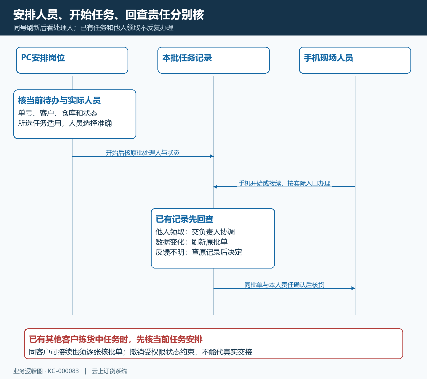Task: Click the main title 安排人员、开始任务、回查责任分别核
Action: [109, 15]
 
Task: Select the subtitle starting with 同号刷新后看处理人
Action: [93, 28]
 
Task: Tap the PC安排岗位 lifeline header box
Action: [72, 60]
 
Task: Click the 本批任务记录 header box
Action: [213, 60]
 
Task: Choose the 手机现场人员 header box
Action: [355, 60]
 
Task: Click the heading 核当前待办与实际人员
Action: [59, 100]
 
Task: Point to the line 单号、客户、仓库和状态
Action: [58, 113]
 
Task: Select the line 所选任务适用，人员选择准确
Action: [65, 123]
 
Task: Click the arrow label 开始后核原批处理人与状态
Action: [143, 153]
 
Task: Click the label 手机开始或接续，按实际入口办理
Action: [284, 183]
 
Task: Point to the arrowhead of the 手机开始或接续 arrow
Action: [215, 187]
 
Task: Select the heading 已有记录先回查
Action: [184, 219]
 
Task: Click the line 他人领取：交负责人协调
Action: [195, 232]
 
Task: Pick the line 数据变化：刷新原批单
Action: [192, 242]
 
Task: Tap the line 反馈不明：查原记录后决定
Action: [199, 252]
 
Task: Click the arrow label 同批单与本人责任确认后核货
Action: [284, 285]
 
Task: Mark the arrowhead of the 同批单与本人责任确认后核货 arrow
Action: [354, 288]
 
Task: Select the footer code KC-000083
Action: [63, 371]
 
